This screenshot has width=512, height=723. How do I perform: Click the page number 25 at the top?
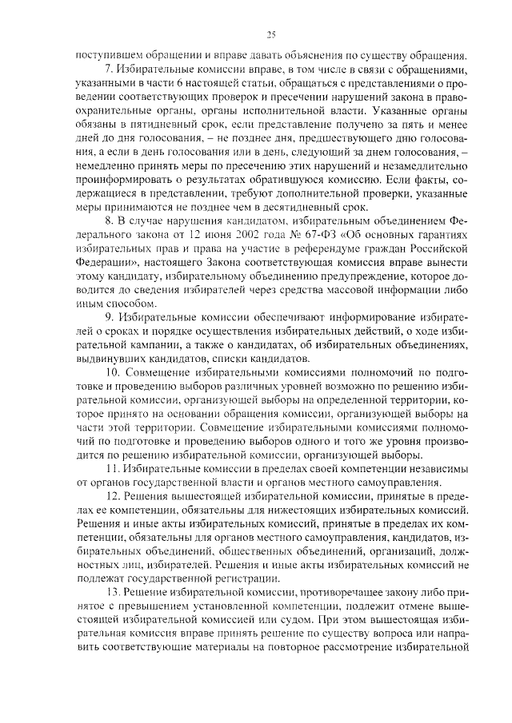coord(271,34)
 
